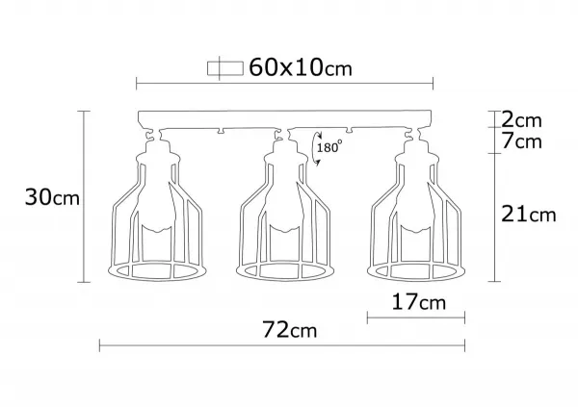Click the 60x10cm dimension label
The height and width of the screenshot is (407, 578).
(301, 67)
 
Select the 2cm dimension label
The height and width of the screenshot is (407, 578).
(521, 119)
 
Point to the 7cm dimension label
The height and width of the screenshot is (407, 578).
(521, 141)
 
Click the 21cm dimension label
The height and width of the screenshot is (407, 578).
(528, 214)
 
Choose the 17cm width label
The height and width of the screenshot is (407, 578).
(418, 302)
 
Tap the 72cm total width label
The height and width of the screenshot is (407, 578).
(289, 329)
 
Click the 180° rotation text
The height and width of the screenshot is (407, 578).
(329, 148)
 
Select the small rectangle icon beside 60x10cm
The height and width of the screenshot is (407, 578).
(225, 68)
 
